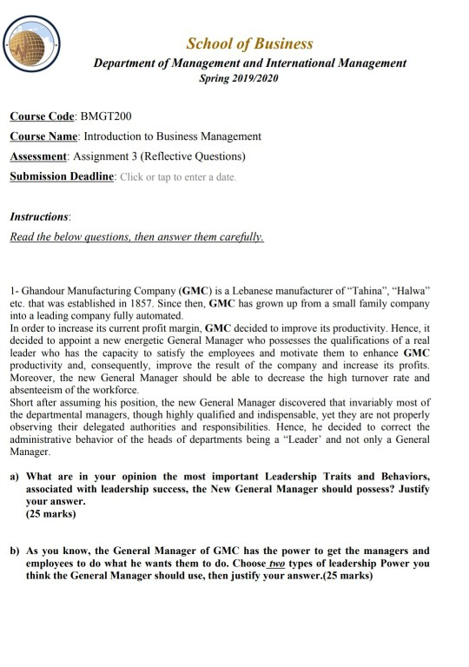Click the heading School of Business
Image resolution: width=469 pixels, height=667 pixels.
click(x=249, y=43)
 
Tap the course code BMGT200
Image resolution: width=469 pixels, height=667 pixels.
click(x=106, y=116)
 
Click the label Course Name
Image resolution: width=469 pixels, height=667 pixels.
click(x=43, y=136)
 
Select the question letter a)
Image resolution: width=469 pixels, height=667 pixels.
click(x=14, y=477)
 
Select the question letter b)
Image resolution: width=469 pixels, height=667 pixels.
click(x=14, y=551)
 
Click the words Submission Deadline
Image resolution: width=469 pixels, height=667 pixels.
click(x=61, y=177)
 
